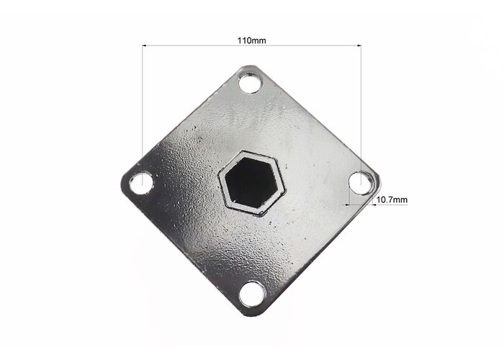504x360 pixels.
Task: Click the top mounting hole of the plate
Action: (250, 83)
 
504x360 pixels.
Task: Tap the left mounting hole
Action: (141, 183)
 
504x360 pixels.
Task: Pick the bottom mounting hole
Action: (253, 294)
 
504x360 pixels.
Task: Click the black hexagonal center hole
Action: (251, 183)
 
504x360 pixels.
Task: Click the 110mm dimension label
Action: (252, 40)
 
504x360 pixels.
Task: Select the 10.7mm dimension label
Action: (392, 199)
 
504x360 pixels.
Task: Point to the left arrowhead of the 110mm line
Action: (144, 46)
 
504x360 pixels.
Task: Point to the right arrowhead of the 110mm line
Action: (359, 46)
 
